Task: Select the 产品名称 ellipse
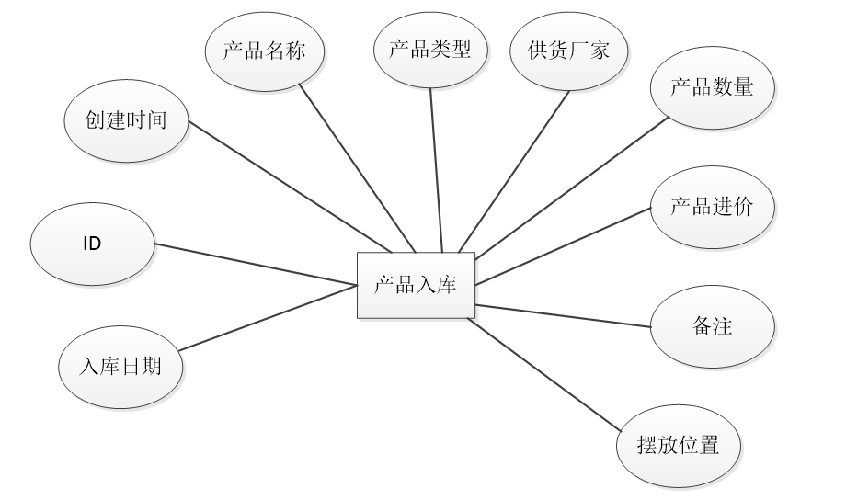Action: [x=265, y=51]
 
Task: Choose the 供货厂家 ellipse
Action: [x=569, y=51]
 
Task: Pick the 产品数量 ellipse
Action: [x=712, y=88]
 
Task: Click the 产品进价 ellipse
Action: [x=712, y=207]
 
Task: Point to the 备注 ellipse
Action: [x=712, y=326]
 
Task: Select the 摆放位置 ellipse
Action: [x=678, y=448]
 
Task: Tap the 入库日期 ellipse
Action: [x=120, y=367]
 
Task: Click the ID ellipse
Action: [x=92, y=244]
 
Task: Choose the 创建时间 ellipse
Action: [x=126, y=120]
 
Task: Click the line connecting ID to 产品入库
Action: [x=256, y=266]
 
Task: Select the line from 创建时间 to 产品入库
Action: [x=290, y=187]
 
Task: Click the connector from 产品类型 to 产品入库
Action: [x=436, y=169]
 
